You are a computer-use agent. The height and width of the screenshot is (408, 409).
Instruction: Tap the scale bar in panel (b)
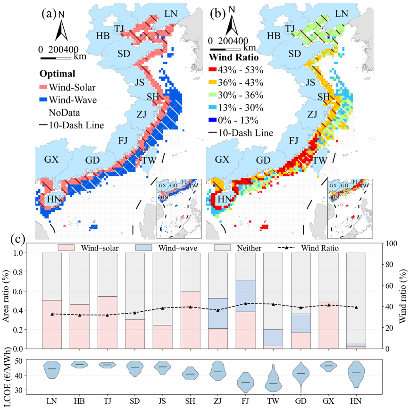tap(224, 49)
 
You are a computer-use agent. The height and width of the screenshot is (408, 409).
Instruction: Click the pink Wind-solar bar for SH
tap(190, 320)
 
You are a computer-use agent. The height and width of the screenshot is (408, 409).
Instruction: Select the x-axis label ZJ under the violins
tap(217, 401)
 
